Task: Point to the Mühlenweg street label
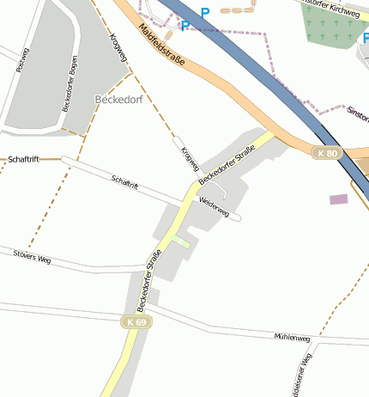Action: point(291,339)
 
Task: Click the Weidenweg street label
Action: point(214,207)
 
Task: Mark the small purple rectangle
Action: point(339,199)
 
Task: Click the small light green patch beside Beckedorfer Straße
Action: point(180,242)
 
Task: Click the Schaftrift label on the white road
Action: point(124,181)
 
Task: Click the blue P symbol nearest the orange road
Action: point(184,27)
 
